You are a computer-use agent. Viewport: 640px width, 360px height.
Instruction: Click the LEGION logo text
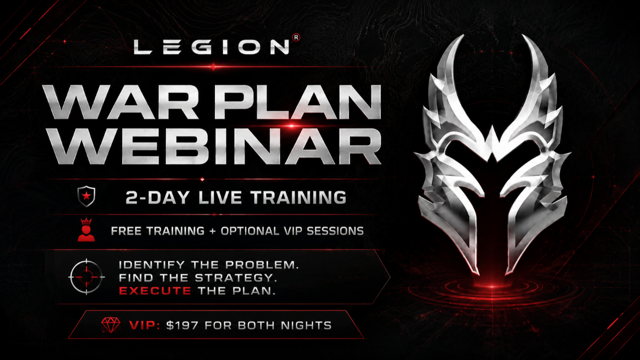[x=211, y=47]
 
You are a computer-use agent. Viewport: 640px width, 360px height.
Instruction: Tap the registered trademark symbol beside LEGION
[x=296, y=37]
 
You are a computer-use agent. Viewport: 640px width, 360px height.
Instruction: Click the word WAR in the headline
[x=120, y=102]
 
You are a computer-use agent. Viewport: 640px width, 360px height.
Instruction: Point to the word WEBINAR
[x=212, y=146]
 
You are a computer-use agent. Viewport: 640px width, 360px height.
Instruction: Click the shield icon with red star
[x=86, y=196]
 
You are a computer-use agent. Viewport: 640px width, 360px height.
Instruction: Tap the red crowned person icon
[x=86, y=229]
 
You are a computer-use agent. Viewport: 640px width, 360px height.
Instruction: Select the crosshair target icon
[x=86, y=277]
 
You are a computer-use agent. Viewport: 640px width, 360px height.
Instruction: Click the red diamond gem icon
[x=111, y=325]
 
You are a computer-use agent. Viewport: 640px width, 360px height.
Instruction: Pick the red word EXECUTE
[x=155, y=291]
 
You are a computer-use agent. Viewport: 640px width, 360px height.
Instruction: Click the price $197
[x=182, y=325]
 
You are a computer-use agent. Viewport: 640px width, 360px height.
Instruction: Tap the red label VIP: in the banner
[x=144, y=325]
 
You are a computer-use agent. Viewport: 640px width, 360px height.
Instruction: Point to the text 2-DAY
[x=157, y=197]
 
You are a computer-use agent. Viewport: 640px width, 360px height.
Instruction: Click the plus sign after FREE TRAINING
[x=212, y=231]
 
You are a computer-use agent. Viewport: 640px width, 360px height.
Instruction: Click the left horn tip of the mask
[x=463, y=35]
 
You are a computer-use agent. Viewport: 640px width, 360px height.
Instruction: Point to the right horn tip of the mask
[x=523, y=35]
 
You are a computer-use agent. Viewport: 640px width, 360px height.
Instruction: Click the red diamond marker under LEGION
[x=213, y=67]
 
